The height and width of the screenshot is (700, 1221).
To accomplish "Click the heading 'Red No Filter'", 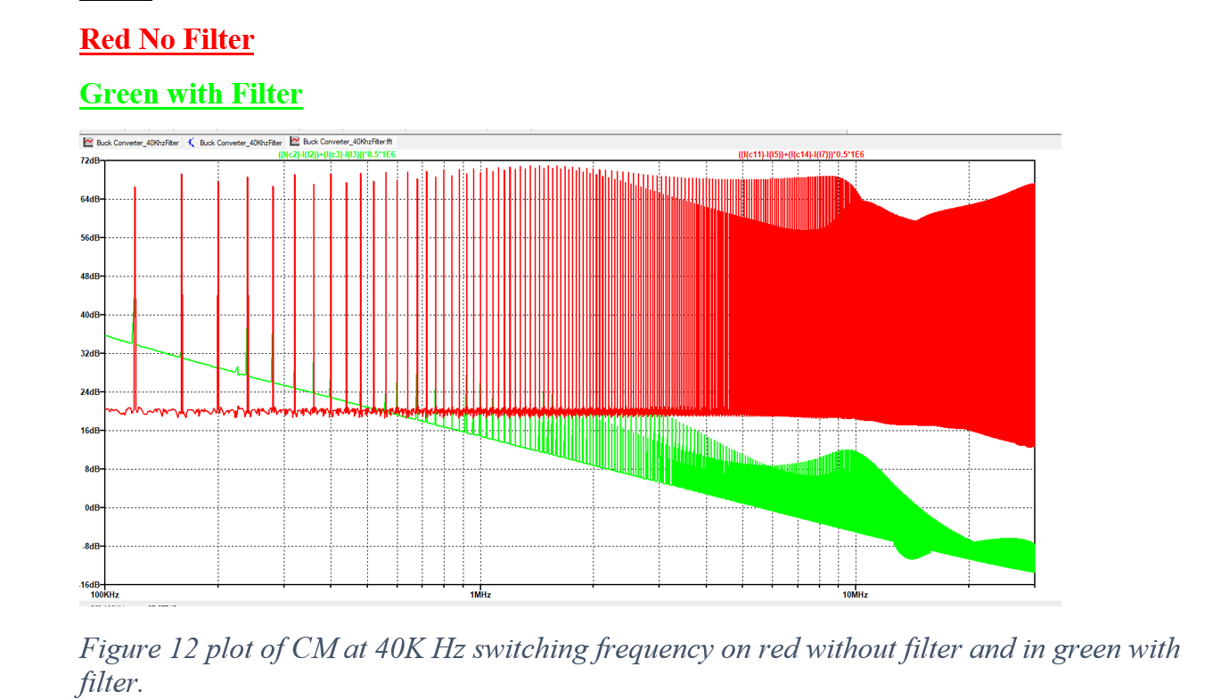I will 167,39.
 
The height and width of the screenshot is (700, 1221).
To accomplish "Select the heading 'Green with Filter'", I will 191,94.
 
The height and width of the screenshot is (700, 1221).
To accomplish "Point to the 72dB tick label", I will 91,161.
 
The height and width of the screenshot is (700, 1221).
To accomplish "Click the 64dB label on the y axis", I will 91,200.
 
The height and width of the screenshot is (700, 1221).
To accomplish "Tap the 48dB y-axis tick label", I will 91,276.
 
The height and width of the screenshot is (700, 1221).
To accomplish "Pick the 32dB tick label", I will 91,353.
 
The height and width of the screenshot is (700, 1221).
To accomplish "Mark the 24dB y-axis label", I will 91,392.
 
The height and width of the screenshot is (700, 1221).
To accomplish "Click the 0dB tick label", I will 93,507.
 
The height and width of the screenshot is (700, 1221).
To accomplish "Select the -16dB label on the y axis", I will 90,585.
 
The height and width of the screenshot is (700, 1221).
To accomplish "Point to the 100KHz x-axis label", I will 106,594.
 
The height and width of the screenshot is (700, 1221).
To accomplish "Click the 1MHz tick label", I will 479,594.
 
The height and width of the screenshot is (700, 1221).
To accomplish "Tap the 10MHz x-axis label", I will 854,594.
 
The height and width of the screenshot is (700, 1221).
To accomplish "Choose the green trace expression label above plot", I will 337,155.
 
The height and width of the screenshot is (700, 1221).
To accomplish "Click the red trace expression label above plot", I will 800,155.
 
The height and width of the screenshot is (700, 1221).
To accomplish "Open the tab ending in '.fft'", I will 348,142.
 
